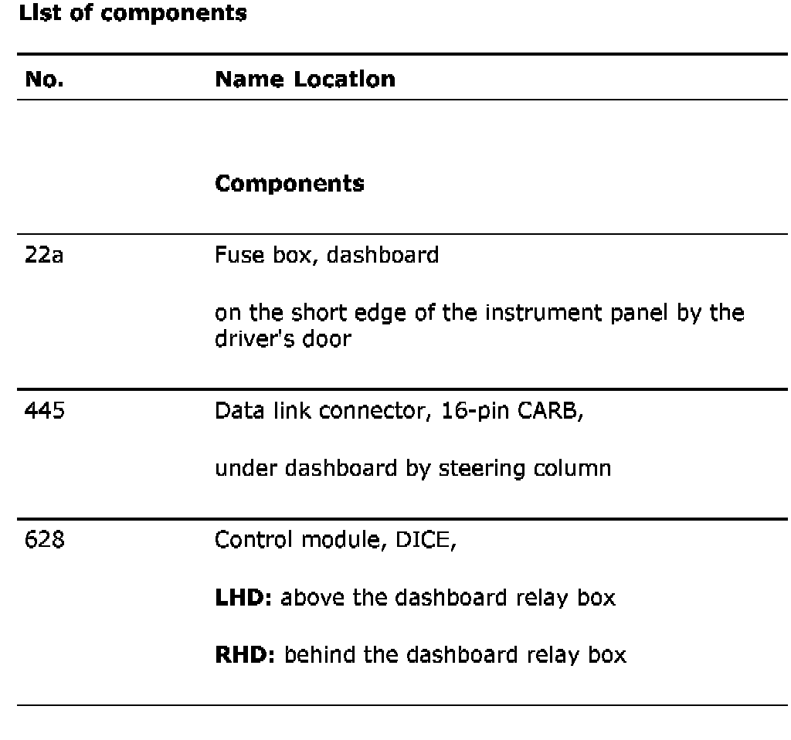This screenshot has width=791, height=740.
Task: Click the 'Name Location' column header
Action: [304, 79]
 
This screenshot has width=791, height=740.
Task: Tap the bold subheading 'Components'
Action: [290, 184]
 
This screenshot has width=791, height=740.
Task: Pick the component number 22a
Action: [43, 255]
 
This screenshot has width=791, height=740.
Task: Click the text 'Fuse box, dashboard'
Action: [326, 255]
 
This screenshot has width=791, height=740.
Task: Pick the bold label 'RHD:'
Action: [243, 656]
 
